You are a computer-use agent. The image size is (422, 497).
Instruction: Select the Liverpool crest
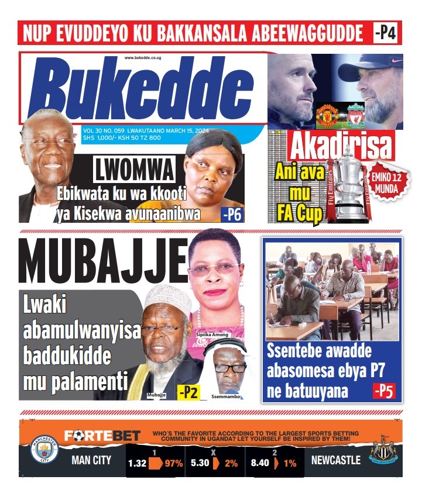(355, 116)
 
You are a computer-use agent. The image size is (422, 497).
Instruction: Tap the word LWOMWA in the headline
(134, 170)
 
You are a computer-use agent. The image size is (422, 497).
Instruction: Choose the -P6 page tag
(232, 215)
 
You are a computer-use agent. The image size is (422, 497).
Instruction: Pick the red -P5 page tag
(384, 390)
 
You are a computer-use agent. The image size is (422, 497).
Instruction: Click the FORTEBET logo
(102, 435)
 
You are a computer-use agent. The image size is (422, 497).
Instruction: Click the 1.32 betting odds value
(138, 463)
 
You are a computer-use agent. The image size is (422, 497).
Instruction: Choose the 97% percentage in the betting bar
(173, 463)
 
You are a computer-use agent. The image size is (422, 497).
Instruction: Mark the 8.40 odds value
(260, 463)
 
